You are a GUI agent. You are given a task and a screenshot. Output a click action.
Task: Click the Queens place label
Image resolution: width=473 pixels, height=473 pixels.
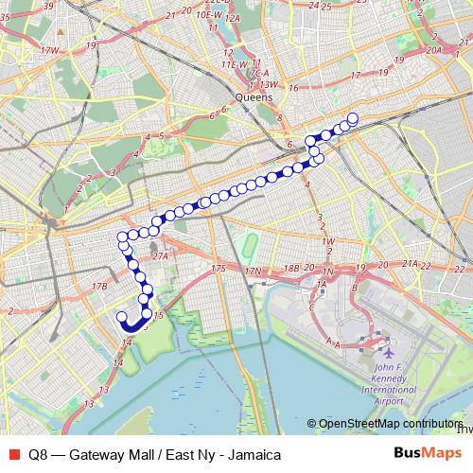(254, 96)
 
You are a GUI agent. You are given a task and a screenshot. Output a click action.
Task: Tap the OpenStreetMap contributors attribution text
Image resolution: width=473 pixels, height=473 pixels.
(390, 424)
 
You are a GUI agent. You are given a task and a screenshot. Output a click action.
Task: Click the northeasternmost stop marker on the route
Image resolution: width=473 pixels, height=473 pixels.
(353, 118)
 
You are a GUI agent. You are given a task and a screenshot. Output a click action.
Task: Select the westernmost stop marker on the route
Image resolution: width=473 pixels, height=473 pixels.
(120, 317)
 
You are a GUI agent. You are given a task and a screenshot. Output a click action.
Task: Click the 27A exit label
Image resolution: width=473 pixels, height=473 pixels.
(159, 255)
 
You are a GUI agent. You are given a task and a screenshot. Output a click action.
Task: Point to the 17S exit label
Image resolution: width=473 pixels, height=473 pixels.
(219, 270)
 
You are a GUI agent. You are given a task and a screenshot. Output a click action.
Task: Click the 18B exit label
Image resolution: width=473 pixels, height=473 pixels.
(290, 269)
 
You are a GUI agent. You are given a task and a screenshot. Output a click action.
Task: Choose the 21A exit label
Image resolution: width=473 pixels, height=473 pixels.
(409, 264)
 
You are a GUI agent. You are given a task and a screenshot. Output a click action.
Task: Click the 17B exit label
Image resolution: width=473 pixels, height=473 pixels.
(99, 286)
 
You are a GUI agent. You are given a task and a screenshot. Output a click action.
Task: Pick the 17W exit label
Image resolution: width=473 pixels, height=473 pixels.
(50, 49)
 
